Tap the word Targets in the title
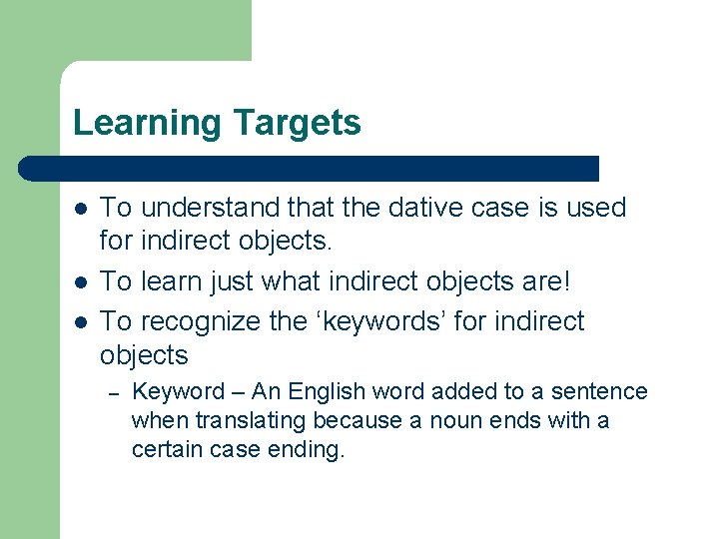[297, 124]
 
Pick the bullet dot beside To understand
[80, 209]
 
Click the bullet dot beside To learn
[80, 280]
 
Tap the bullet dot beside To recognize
[80, 322]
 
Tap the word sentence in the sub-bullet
[600, 391]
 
